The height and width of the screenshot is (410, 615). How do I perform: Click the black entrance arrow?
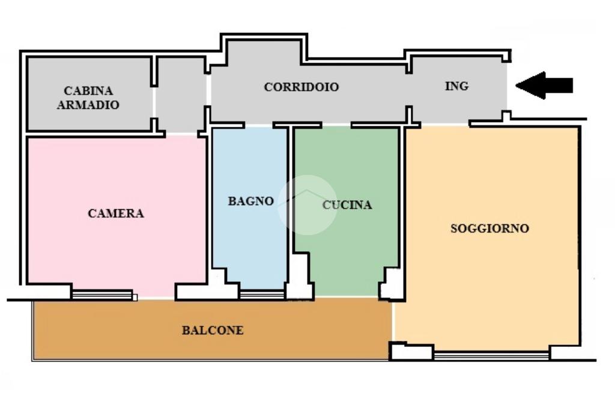[544, 85]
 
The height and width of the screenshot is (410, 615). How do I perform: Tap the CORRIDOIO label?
[301, 87]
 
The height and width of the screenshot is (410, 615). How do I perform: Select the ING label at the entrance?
[456, 85]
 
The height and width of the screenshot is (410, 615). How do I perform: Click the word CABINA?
[88, 91]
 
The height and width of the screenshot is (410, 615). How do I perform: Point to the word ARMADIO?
[88, 105]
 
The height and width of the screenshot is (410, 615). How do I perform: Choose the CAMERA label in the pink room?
[116, 213]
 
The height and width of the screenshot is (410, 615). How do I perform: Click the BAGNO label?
[250, 201]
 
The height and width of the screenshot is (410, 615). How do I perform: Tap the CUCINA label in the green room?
[347, 204]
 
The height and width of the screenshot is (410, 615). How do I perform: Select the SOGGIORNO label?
[489, 228]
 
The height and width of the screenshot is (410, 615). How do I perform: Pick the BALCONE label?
[213, 330]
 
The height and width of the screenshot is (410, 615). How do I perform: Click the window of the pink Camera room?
[102, 295]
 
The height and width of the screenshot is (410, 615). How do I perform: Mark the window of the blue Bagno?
[262, 295]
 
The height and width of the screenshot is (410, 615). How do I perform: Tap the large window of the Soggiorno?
[491, 355]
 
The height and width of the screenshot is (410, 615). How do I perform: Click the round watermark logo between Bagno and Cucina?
[307, 204]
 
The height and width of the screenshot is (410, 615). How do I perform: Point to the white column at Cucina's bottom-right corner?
[391, 284]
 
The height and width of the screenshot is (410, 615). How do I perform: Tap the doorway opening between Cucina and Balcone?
[347, 296]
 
